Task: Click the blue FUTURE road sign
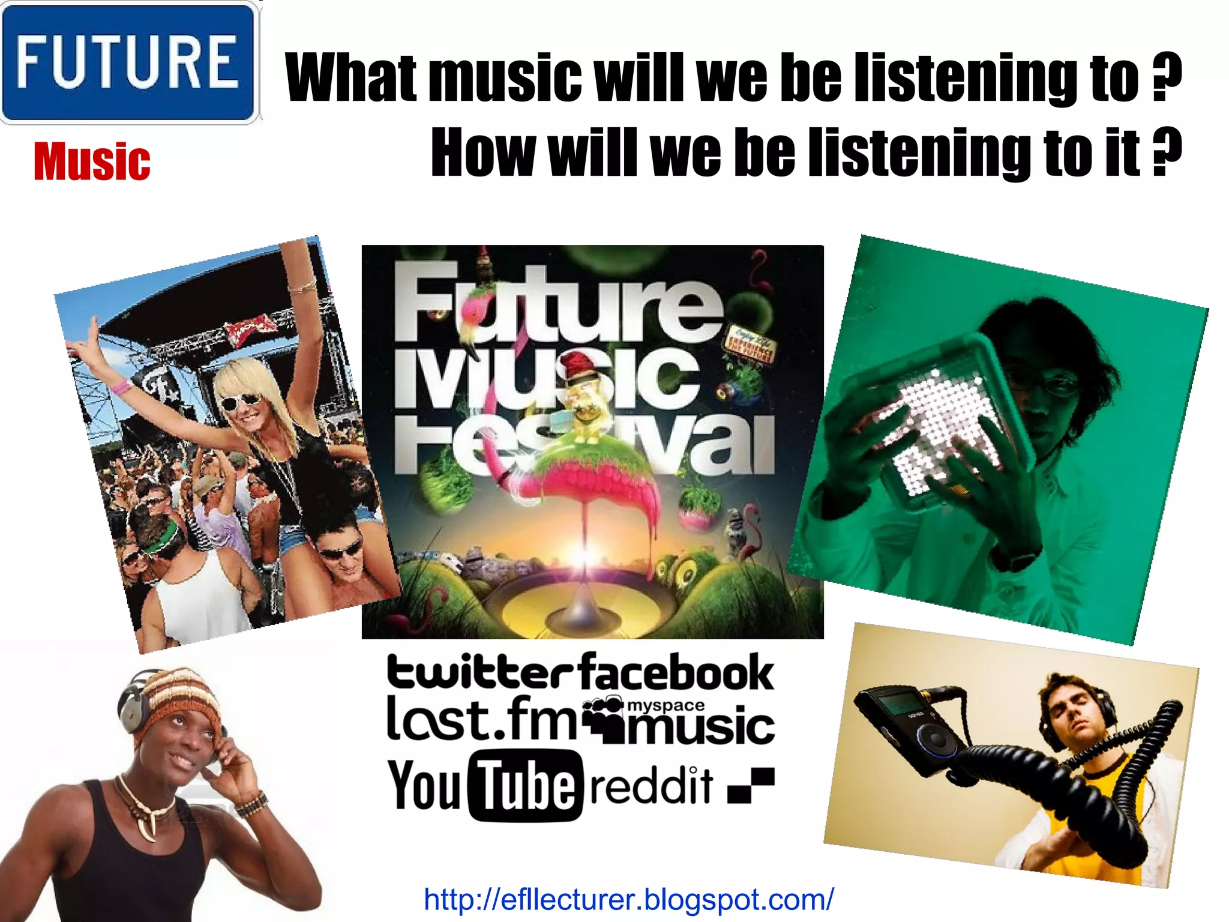point(129,62)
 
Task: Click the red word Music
point(92,162)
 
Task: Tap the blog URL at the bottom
point(628,899)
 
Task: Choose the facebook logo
point(677,672)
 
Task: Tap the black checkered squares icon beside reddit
point(751,785)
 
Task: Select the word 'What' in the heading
point(351,77)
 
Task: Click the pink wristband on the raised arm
point(122,385)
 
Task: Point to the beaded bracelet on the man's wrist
point(251,804)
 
